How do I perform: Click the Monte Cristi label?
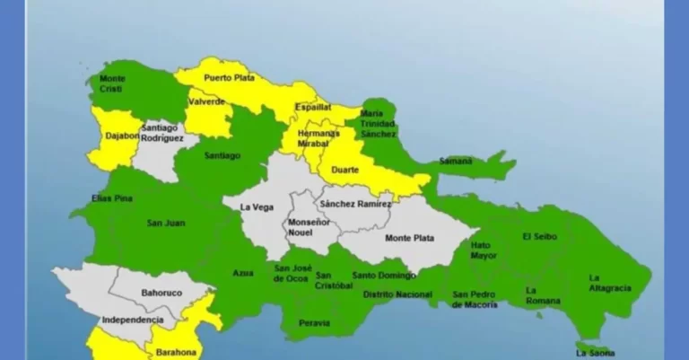click(x=112, y=83)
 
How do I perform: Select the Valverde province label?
click(x=206, y=102)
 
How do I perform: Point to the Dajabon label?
click(x=116, y=136)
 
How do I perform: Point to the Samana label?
click(x=456, y=162)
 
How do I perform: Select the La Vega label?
click(x=257, y=206)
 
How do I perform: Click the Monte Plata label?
click(x=408, y=238)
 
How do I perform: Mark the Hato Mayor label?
click(x=481, y=249)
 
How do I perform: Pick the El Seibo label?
click(x=539, y=236)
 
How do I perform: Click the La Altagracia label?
click(x=610, y=283)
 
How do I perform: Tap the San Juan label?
click(x=166, y=223)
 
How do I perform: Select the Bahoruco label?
click(x=161, y=293)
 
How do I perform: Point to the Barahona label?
click(x=174, y=353)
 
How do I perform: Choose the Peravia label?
click(x=315, y=322)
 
